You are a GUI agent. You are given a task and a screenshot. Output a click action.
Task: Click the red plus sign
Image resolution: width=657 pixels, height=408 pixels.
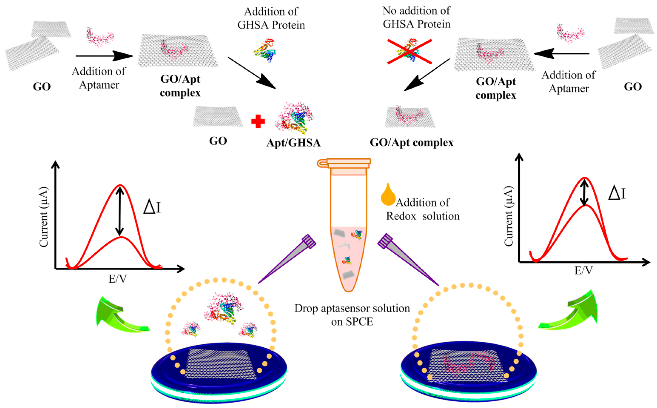pos(258,121)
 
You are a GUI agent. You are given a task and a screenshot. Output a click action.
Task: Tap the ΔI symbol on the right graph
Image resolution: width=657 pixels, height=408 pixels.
pos(617,194)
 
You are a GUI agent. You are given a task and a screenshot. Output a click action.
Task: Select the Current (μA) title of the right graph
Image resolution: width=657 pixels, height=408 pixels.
pos(509,216)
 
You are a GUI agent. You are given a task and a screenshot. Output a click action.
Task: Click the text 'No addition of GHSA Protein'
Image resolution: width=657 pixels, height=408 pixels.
pos(416,18)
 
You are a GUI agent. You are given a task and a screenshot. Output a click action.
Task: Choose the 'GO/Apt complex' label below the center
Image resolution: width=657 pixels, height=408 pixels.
pos(411,142)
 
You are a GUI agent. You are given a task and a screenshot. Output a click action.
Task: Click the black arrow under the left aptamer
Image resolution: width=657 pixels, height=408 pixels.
pos(104,56)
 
